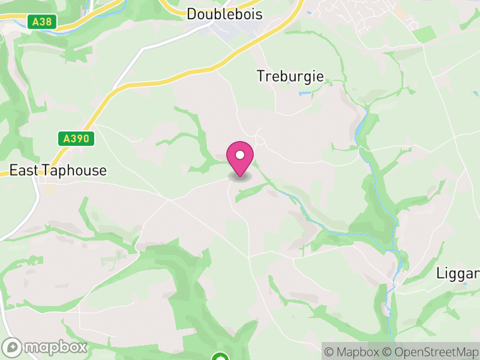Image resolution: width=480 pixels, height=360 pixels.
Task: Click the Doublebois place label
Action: pyautogui.click(x=224, y=14)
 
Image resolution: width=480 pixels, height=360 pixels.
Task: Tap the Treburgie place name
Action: pyautogui.click(x=290, y=76)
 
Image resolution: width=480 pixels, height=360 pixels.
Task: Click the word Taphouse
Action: pyautogui.click(x=77, y=170)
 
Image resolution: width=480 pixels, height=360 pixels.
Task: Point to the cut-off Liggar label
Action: pyautogui.click(x=457, y=273)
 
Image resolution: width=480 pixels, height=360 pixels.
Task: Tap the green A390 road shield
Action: pyautogui.click(x=77, y=139)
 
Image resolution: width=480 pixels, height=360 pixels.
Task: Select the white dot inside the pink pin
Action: pyautogui.click(x=240, y=155)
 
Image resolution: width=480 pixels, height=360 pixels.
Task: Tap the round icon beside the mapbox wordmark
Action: pyautogui.click(x=12, y=347)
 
